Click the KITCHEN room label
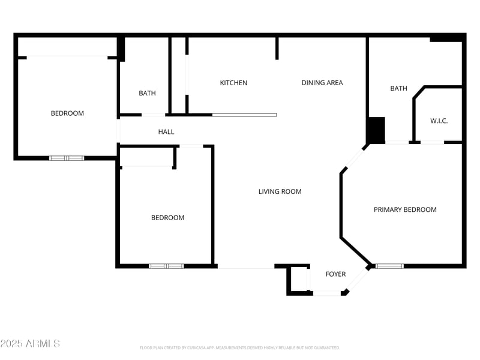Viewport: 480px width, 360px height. click(x=233, y=83)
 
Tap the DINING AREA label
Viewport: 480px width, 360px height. click(x=322, y=83)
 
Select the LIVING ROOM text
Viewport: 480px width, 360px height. click(x=280, y=191)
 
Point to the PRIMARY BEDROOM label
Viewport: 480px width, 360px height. click(x=405, y=209)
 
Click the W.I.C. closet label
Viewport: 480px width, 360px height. click(x=439, y=121)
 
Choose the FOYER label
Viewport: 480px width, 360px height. click(x=335, y=274)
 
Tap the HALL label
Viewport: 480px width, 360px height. click(x=166, y=131)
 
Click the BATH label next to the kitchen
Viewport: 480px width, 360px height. click(x=147, y=93)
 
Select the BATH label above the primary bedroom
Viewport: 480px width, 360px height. click(x=398, y=88)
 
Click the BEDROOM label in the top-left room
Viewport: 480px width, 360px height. click(x=67, y=113)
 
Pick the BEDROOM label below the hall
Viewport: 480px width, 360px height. click(x=167, y=218)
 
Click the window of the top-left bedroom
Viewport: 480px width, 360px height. click(x=67, y=158)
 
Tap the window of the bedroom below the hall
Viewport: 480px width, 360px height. click(x=166, y=266)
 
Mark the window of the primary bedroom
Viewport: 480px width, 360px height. click(x=389, y=266)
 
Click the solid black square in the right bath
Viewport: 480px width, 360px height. click(x=376, y=130)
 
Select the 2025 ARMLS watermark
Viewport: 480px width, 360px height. click(x=30, y=343)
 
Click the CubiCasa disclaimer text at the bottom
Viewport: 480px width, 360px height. click(x=240, y=347)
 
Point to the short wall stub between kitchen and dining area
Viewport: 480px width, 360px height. click(x=277, y=48)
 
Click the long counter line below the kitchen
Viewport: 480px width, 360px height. click(x=244, y=115)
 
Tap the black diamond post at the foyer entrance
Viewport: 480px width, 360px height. click(x=345, y=292)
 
